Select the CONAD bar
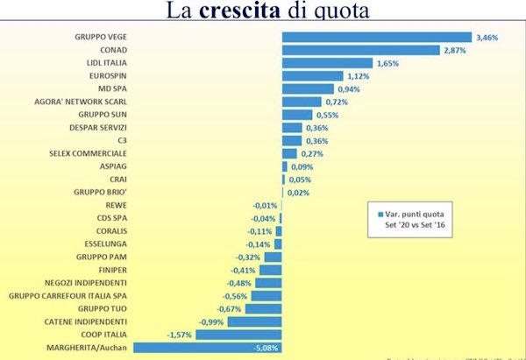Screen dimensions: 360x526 (360, 51)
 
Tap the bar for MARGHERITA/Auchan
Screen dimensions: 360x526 (208, 348)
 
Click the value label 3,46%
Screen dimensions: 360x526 (487, 38)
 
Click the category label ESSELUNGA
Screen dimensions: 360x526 (105, 245)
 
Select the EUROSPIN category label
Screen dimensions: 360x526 (108, 76)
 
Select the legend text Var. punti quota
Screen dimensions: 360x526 (416, 213)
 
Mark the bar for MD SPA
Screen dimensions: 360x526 (308, 89)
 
